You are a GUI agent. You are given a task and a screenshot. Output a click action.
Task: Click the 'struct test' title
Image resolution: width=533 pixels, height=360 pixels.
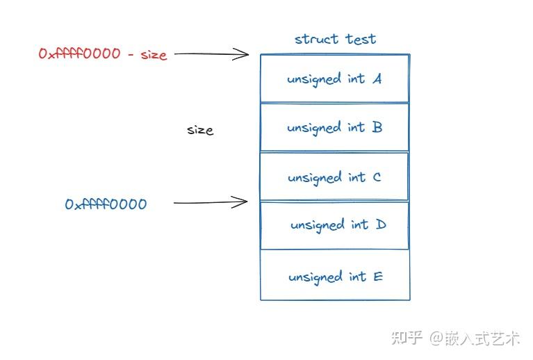tap(335, 39)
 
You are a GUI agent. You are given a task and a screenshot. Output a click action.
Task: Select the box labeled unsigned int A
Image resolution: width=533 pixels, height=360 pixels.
tap(334, 79)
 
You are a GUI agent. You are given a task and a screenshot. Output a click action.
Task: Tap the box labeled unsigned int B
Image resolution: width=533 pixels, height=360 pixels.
tap(334, 127)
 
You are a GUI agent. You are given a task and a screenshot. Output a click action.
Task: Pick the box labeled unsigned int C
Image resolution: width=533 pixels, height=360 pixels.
tap(334, 177)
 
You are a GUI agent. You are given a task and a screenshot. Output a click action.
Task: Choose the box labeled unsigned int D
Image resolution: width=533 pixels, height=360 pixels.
tap(334, 225)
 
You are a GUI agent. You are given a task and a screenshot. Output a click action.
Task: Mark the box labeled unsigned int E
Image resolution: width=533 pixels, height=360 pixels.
tap(334, 276)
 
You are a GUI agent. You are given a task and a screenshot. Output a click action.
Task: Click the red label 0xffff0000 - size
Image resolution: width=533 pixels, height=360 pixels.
tap(103, 54)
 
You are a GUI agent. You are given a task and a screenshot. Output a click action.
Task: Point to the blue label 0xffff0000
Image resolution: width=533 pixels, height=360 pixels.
tap(106, 204)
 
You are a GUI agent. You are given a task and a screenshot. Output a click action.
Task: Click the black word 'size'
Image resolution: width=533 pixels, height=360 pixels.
tap(200, 130)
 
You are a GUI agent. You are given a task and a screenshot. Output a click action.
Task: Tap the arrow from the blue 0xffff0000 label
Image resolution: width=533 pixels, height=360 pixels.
tap(210, 203)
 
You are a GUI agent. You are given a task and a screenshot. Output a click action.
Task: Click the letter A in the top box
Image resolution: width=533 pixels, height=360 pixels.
tap(377, 79)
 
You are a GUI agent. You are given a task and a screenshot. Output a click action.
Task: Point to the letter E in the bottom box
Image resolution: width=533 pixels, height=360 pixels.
tap(378, 277)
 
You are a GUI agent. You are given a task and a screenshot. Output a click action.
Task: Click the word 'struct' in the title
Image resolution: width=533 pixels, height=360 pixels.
tap(316, 39)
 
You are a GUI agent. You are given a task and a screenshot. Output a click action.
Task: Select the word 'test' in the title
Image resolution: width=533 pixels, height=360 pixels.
tap(359, 39)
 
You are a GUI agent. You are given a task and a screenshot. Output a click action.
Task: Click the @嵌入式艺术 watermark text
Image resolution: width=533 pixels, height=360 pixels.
tap(474, 338)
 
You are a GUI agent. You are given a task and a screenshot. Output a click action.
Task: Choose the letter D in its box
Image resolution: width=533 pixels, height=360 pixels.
tap(380, 225)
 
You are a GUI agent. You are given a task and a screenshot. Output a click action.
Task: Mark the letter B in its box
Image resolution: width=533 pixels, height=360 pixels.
tap(377, 127)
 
